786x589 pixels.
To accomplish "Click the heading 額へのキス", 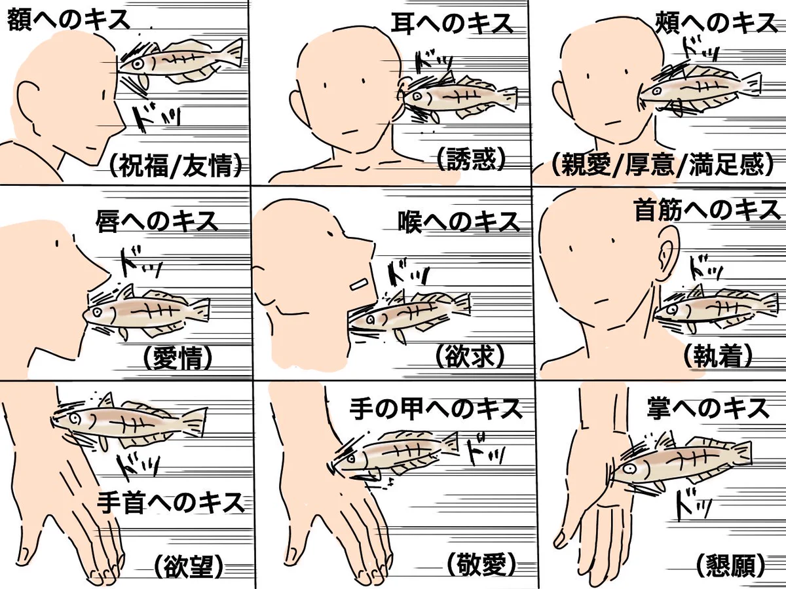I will coord(68,20).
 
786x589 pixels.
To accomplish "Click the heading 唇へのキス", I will coord(157,221).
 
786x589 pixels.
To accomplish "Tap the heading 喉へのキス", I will coord(459,222).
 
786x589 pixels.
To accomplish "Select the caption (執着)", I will coord(717,357).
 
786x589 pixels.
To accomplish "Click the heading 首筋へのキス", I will coord(706,210).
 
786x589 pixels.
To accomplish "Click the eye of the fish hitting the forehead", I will coord(138,64).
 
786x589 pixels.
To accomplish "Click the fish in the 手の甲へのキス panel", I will coord(400,452).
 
